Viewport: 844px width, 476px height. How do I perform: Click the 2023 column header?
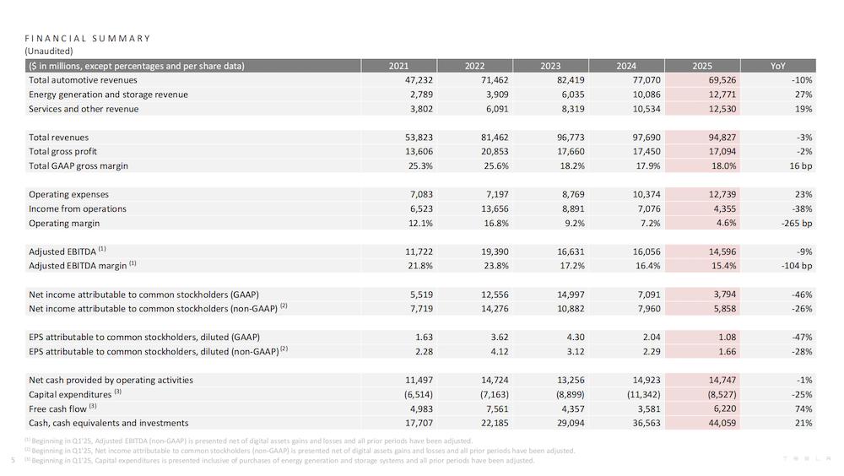point(550,66)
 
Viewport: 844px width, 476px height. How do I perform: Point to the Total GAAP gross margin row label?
point(78,166)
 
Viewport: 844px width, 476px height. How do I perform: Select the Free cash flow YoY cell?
point(803,408)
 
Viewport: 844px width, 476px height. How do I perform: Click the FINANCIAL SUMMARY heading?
point(88,38)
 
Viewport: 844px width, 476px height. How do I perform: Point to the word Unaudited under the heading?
point(51,51)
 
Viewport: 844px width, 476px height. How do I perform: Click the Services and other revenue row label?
point(84,109)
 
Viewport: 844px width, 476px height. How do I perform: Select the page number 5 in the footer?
point(13,461)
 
